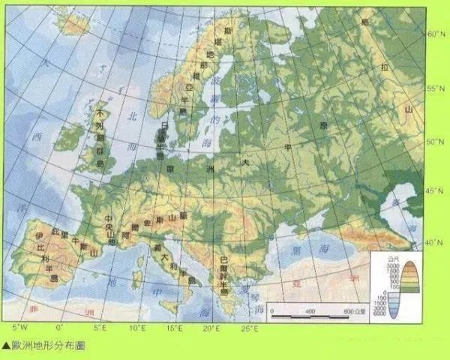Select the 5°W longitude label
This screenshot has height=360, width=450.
(20, 328)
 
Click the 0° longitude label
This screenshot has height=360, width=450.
(60, 328)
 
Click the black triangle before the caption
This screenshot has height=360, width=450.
(6, 346)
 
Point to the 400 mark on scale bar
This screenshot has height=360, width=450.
(309, 310)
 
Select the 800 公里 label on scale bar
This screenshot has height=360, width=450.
(352, 310)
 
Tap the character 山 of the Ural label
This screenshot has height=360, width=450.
(409, 110)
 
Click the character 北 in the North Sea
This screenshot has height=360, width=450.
(133, 116)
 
